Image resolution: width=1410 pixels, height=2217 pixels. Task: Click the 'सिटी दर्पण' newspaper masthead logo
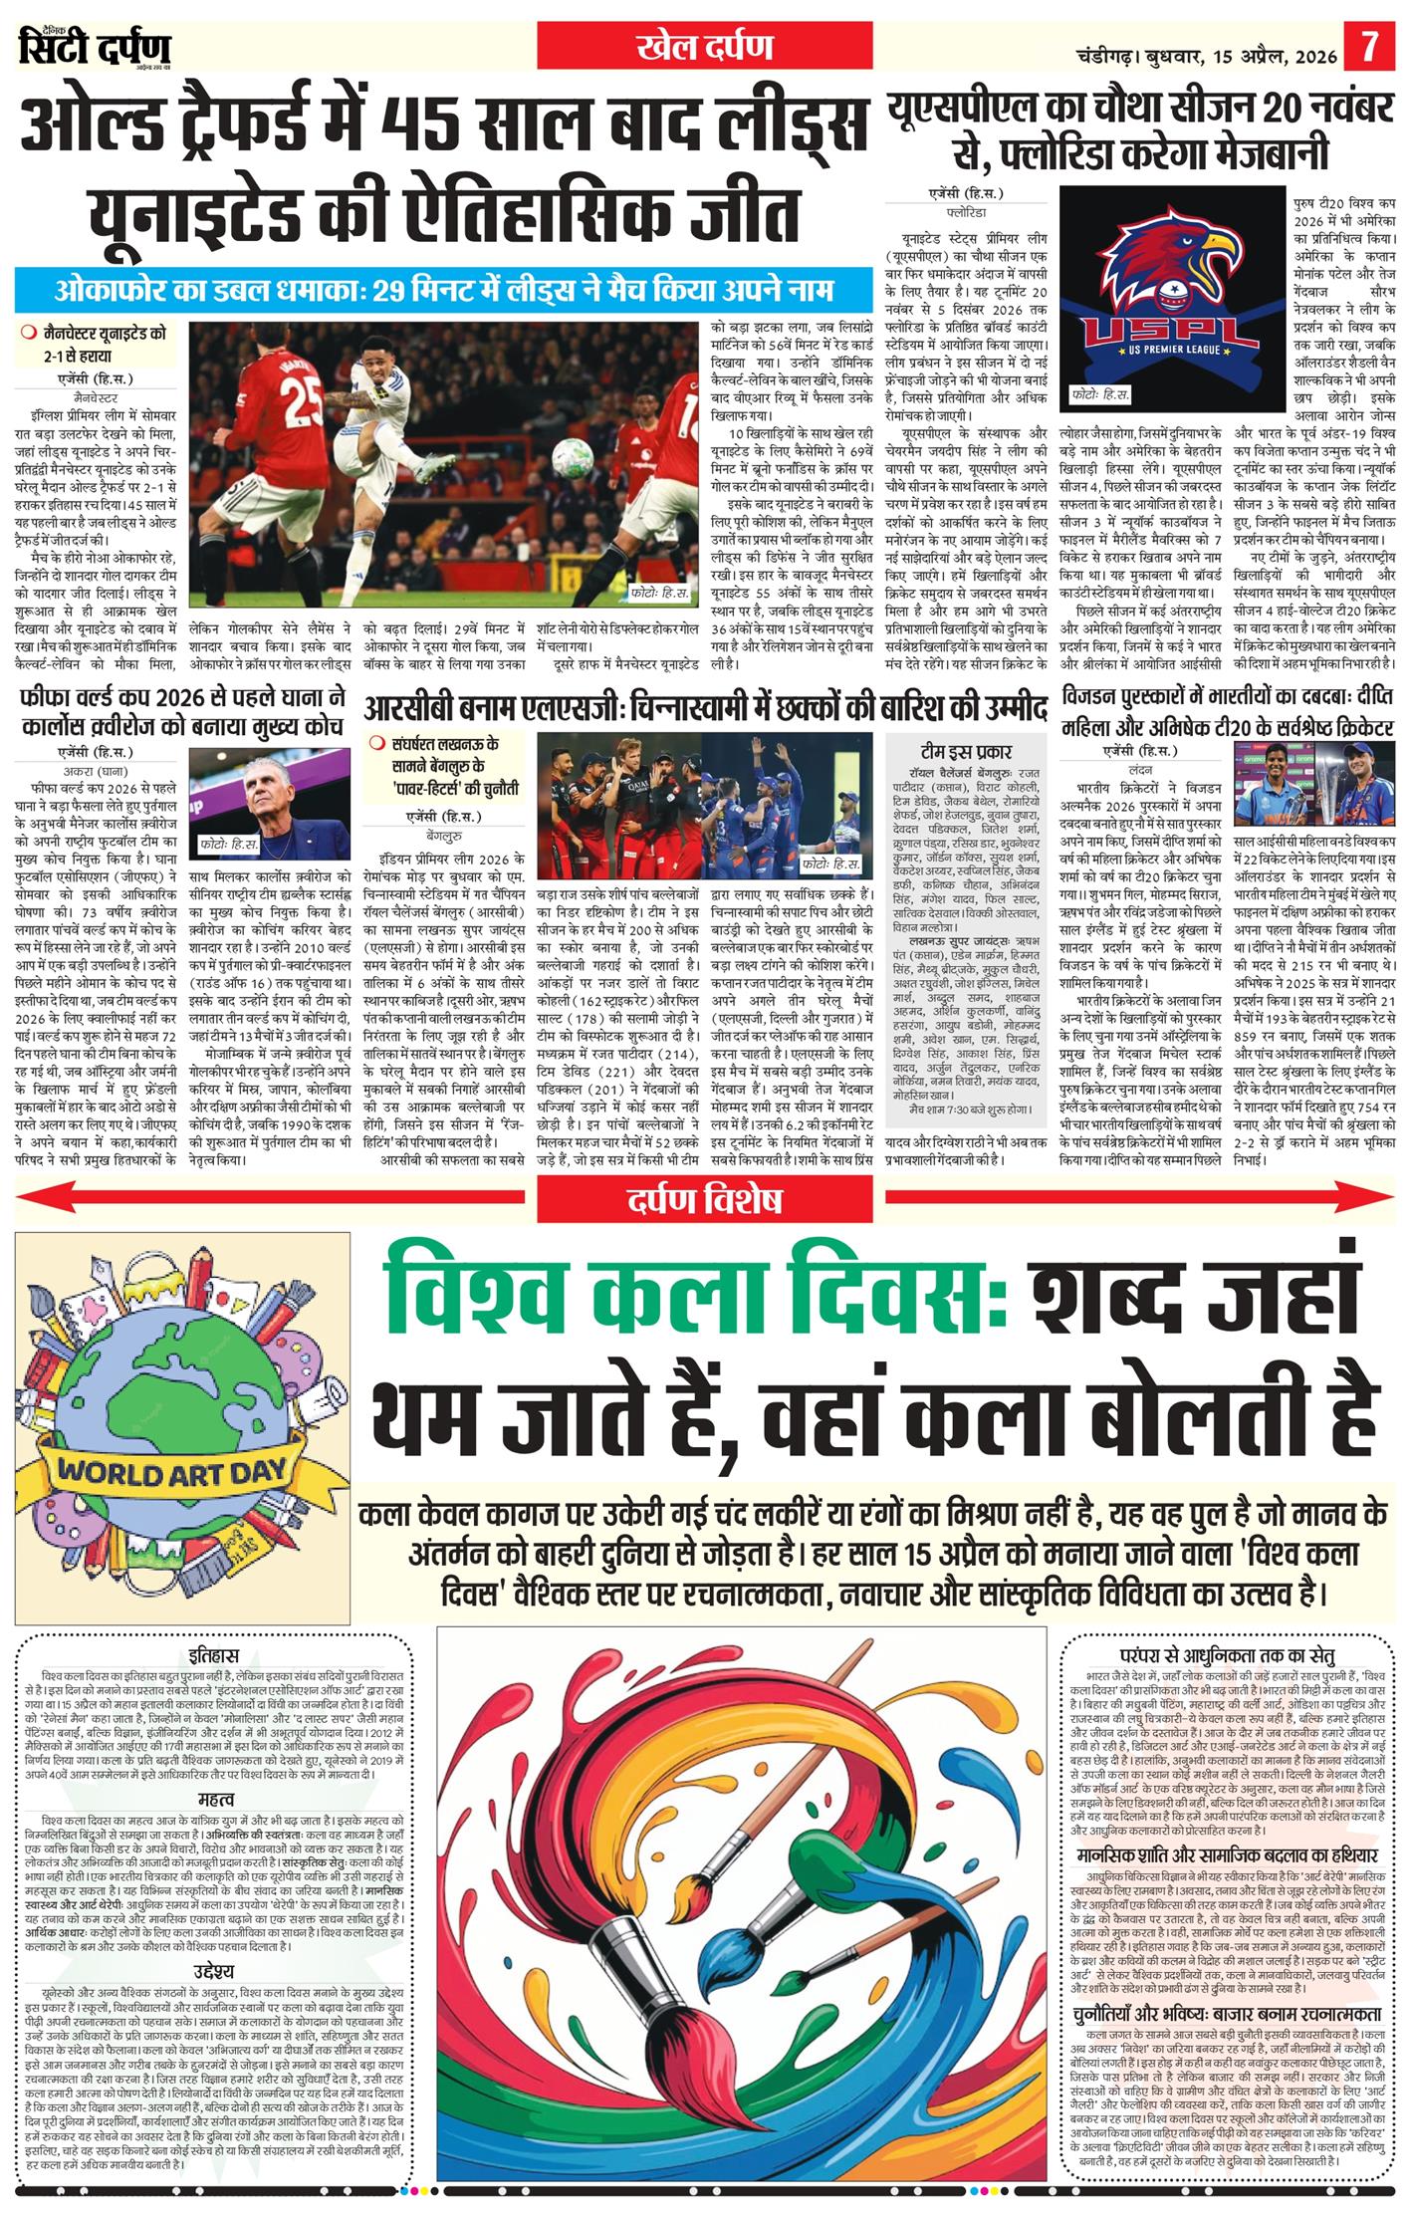click(96, 47)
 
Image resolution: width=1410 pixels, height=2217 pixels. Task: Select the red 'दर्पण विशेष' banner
click(704, 1200)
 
